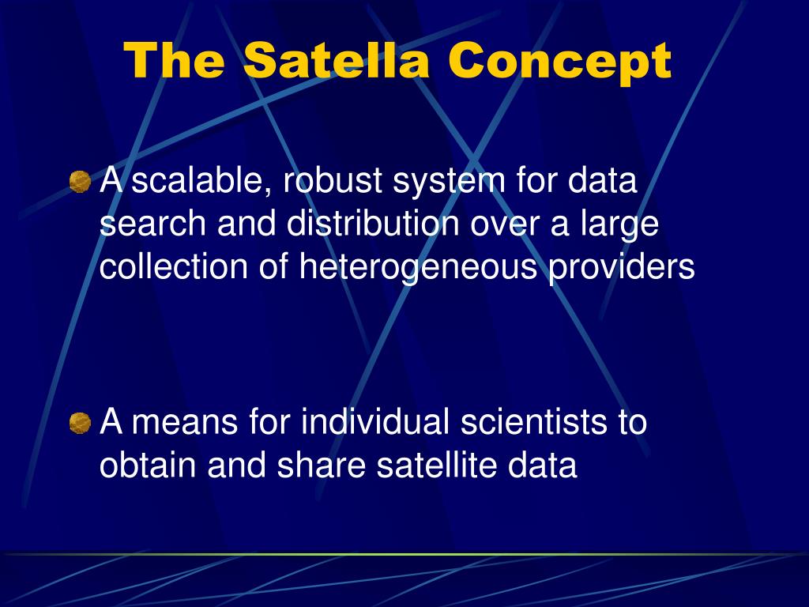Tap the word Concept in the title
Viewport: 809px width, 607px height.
coord(560,63)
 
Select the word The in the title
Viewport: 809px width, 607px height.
coord(174,60)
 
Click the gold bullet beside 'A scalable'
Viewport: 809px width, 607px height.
coord(80,182)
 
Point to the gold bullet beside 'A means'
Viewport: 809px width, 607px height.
coord(80,423)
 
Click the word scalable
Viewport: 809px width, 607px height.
coord(202,181)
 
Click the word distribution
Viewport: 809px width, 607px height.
coord(373,223)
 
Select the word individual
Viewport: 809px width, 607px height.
coord(375,421)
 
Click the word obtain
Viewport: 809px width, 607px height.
coord(148,465)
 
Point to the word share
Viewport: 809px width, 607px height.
coord(322,465)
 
